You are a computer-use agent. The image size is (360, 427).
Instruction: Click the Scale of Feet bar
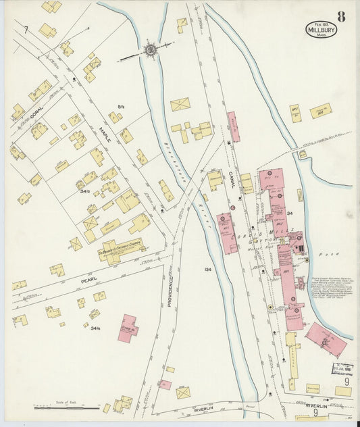point(57,408)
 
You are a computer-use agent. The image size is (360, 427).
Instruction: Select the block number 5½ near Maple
point(122,106)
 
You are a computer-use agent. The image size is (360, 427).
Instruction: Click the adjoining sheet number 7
point(25,30)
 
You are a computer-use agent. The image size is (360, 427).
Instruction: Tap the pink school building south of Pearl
point(128,328)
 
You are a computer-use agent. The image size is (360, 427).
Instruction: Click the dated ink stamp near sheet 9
point(342,369)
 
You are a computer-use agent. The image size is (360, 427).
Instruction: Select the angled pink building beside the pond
point(326,339)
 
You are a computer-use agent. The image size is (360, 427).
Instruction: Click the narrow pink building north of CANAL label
point(233,126)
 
